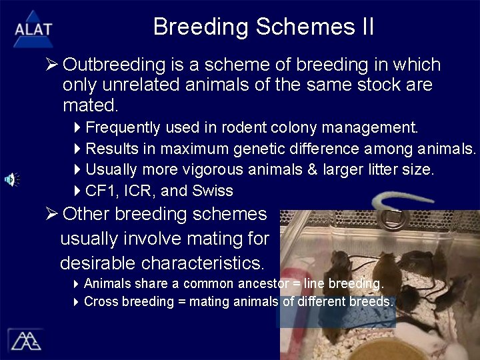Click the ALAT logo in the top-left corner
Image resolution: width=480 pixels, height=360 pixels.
click(x=32, y=28)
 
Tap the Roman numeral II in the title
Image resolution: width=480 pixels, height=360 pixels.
click(x=366, y=27)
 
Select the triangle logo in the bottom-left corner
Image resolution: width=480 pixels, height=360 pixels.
click(x=25, y=340)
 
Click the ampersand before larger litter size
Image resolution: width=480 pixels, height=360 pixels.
click(x=312, y=170)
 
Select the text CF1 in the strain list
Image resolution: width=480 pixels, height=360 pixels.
click(x=99, y=191)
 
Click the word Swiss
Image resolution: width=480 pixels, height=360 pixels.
click(x=213, y=191)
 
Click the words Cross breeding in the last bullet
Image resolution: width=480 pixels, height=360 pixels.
click(x=129, y=301)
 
